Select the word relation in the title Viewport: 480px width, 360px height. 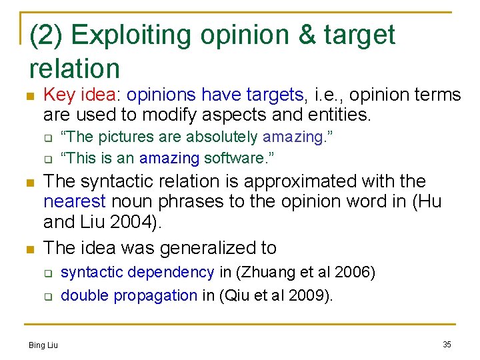[75, 68]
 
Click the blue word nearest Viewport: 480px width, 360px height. [73, 201]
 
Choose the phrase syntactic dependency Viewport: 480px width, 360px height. [137, 272]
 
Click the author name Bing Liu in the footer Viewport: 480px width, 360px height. [43, 345]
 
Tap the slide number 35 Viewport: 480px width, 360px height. [447, 345]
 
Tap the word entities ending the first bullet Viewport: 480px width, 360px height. [339, 115]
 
